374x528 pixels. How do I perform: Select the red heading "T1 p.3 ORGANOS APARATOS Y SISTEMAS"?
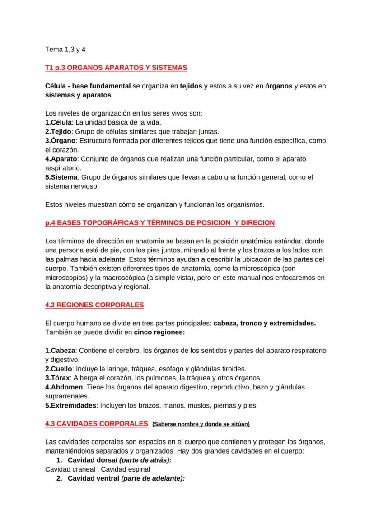coord(116,68)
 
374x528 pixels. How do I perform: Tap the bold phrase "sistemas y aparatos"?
coord(78,95)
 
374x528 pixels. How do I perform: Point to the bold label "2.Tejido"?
coord(58,131)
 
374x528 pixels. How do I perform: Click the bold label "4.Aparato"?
coord(62,159)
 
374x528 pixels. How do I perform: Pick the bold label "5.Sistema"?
coord(61,177)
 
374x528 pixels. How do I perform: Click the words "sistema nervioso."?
coord(72,186)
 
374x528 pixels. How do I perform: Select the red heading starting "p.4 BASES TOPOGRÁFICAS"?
coord(160,223)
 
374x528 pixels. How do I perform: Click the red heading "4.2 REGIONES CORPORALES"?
coord(94,305)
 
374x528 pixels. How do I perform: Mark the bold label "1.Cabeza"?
coord(59,351)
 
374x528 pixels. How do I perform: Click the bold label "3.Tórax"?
coord(57,378)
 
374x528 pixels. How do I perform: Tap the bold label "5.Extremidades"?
coord(71,405)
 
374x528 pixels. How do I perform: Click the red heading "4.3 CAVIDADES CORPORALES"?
coord(96,424)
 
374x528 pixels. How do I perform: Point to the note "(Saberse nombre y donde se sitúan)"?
coord(201,424)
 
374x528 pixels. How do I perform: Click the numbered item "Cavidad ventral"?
coord(93,478)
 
